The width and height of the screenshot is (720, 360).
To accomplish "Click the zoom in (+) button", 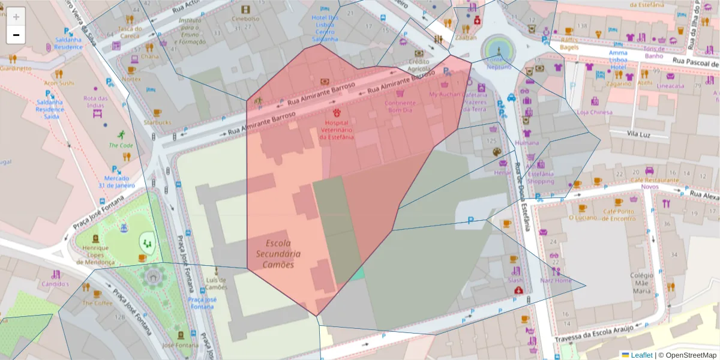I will tap(16, 17).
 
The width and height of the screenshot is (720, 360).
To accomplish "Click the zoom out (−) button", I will tap(16, 35).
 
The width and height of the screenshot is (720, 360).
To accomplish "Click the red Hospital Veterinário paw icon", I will tap(337, 113).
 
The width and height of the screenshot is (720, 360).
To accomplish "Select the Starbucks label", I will tap(157, 122).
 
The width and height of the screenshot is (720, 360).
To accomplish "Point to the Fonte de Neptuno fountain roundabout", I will tap(499, 49).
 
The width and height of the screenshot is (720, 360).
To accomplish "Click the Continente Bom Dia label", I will tap(400, 106).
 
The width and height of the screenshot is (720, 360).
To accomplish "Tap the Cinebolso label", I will tap(245, 19).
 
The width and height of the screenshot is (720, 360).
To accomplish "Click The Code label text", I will tap(121, 145).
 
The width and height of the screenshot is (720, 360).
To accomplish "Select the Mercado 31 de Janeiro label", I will tap(117, 182).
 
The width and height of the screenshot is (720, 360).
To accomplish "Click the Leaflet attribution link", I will tap(641, 355).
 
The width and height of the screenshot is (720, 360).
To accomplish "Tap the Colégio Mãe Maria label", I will tap(641, 283).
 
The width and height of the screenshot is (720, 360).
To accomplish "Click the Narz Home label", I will tap(556, 280).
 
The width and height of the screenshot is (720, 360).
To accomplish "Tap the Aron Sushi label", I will tap(59, 83).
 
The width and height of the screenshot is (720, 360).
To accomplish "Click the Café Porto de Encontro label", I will tap(619, 215).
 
